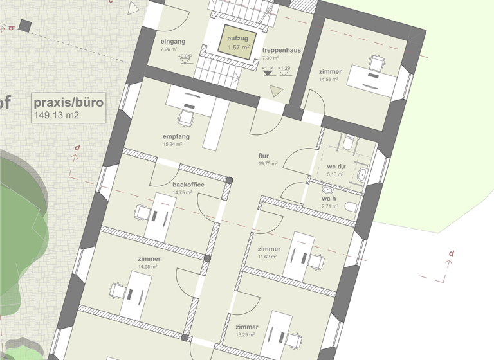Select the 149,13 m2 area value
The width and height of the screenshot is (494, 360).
click(x=57, y=115)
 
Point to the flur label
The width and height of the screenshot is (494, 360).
click(x=264, y=156)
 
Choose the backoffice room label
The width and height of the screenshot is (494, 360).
click(x=188, y=184)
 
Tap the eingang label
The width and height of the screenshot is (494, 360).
click(x=172, y=42)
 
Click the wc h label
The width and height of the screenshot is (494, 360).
click(x=329, y=199)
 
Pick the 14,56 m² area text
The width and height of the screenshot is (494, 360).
click(x=329, y=80)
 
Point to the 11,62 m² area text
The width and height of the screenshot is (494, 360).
click(x=267, y=256)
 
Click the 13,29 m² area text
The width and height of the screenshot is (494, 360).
click(x=246, y=334)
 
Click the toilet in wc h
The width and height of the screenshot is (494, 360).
click(x=350, y=206)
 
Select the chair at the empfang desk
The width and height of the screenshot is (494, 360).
click(x=186, y=118)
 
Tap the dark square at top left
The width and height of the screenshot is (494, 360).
click(x=25, y=26)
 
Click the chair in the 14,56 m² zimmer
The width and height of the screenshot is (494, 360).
click(x=377, y=63)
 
